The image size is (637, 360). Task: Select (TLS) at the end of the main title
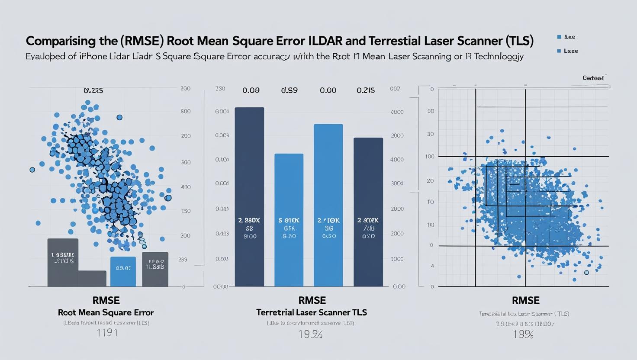point(518,41)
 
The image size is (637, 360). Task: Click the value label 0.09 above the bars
point(251,90)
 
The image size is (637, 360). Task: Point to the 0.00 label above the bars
point(328,90)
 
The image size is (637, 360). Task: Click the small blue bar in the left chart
point(123,271)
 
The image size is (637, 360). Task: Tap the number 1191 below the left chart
point(107,333)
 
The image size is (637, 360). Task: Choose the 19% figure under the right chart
point(523,334)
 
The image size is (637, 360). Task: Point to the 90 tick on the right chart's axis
point(430,112)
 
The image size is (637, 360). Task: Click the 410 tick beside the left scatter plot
point(186,187)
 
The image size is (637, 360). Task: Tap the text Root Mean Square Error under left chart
point(106,312)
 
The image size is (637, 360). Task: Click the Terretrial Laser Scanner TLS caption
point(312,312)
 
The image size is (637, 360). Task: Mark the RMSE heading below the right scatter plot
point(525,300)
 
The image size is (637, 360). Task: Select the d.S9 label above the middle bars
point(290,90)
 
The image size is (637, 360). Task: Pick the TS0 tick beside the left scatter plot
point(186,211)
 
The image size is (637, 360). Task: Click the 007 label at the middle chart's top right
point(395,89)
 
